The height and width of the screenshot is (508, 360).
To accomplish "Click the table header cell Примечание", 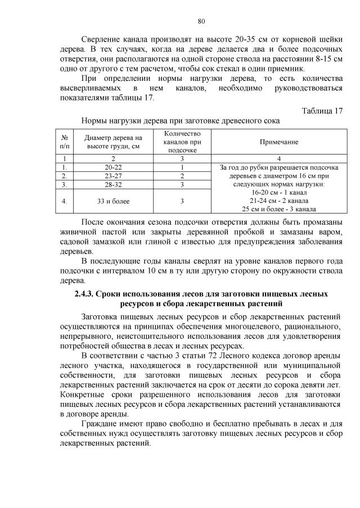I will (x=278, y=143).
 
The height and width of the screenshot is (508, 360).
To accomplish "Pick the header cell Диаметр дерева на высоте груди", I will (x=113, y=143).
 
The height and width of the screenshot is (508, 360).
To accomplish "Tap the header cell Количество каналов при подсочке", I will (x=182, y=142).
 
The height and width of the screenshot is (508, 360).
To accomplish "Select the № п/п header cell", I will (x=65, y=143).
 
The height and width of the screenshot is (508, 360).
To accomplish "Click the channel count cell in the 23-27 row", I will (x=182, y=176).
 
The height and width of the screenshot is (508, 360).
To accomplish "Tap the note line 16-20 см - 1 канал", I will (x=278, y=192).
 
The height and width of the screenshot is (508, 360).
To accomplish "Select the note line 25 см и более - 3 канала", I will (x=278, y=209).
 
